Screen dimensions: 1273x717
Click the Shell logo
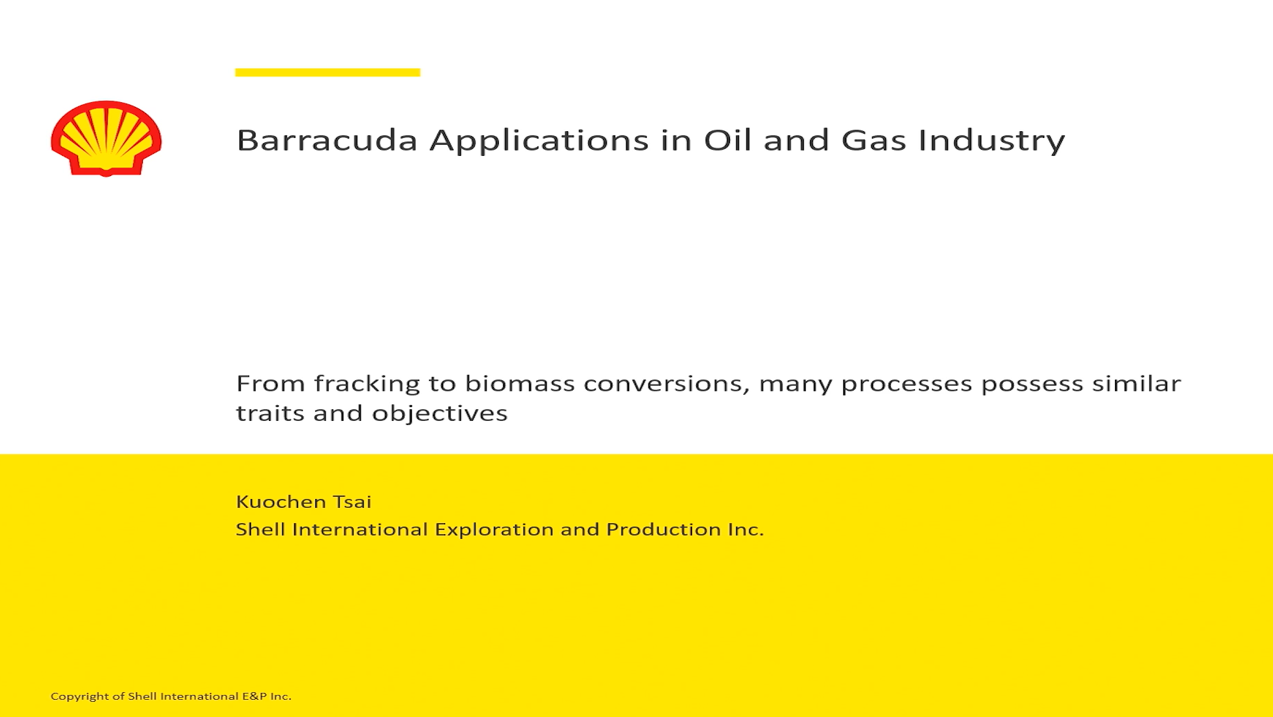click(106, 139)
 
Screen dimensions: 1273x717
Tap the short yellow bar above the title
click(328, 72)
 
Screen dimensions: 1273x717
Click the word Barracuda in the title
click(327, 140)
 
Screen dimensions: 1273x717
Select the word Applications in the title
click(539, 142)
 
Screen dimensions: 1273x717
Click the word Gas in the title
click(874, 141)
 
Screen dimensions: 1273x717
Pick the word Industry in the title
click(991, 142)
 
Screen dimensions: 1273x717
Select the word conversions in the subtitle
click(667, 384)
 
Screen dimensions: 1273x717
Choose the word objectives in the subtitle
click(440, 413)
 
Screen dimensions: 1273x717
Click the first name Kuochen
click(279, 502)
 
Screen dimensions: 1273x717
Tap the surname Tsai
click(352, 502)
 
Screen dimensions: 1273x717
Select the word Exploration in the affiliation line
click(494, 529)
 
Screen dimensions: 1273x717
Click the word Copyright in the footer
click(79, 696)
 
